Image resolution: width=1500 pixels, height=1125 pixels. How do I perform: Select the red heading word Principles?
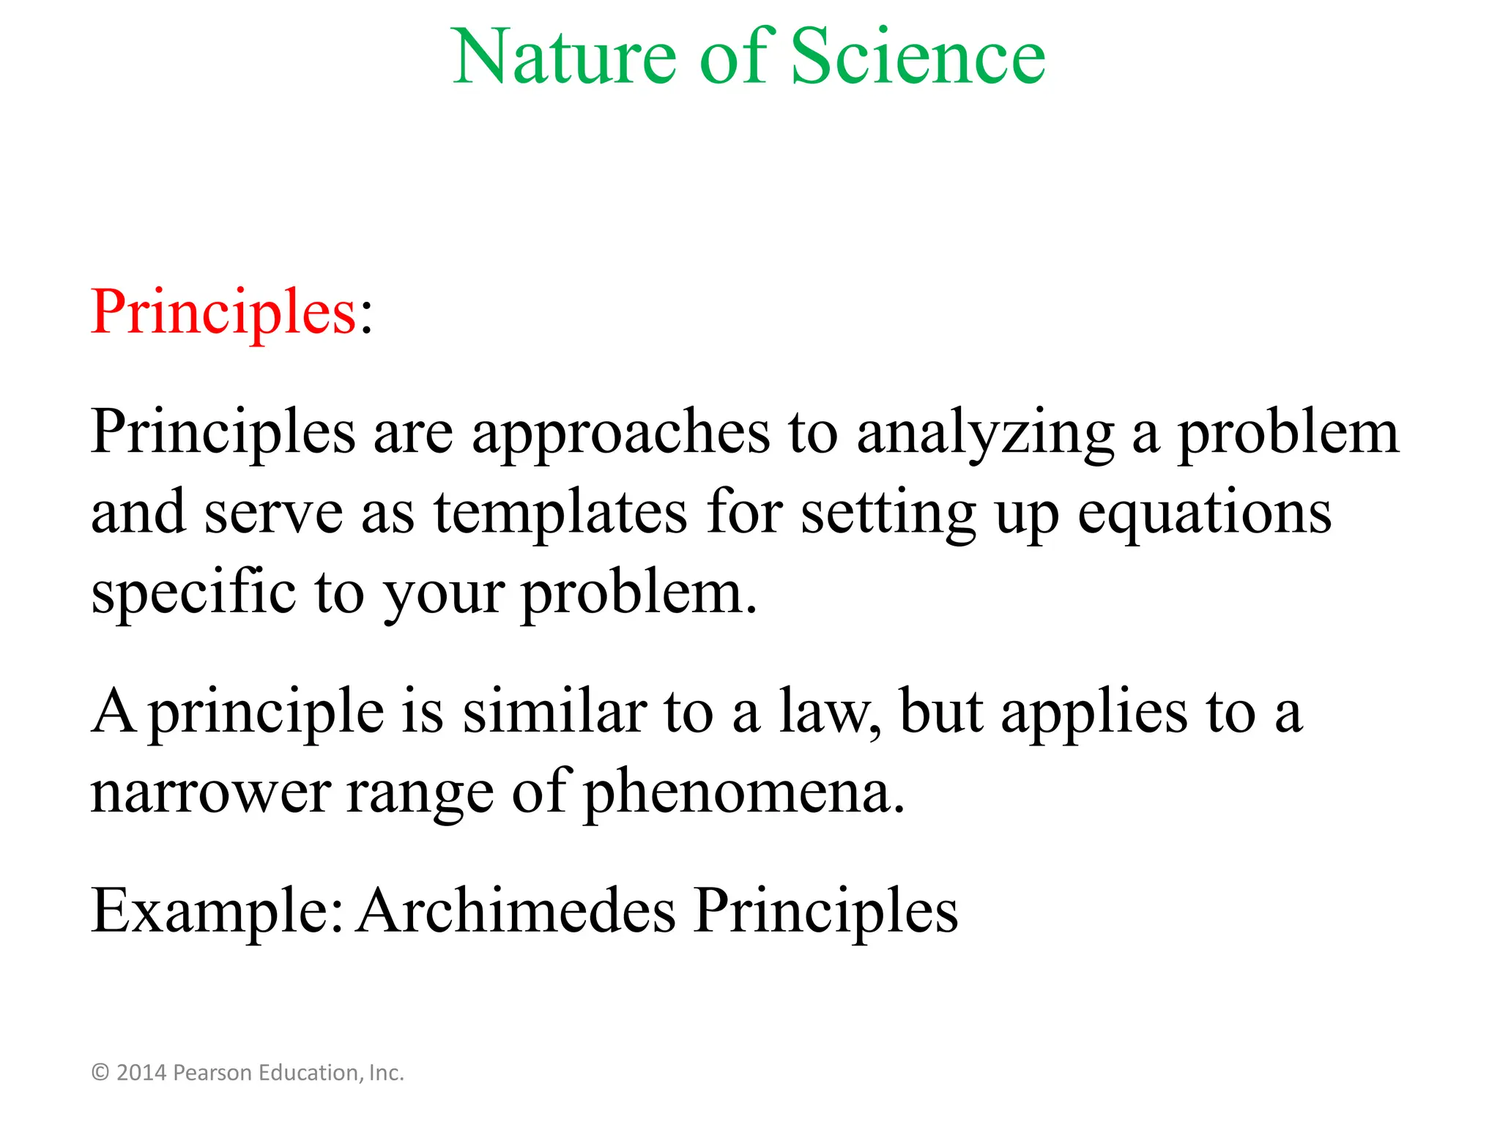[x=223, y=313]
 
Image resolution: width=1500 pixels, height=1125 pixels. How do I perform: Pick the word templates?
[x=560, y=513]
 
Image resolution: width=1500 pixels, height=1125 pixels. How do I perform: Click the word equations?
[x=1204, y=513]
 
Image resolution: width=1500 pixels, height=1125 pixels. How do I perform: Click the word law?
[x=828, y=712]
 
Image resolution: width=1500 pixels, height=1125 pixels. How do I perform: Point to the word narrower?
[x=211, y=792]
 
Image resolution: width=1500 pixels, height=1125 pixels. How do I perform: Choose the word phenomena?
[x=744, y=792]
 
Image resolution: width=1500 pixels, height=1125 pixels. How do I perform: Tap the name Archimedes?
[x=516, y=912]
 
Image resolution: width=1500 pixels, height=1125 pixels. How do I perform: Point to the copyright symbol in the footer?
[x=100, y=1073]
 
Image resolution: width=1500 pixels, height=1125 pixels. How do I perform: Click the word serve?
[x=273, y=513]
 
